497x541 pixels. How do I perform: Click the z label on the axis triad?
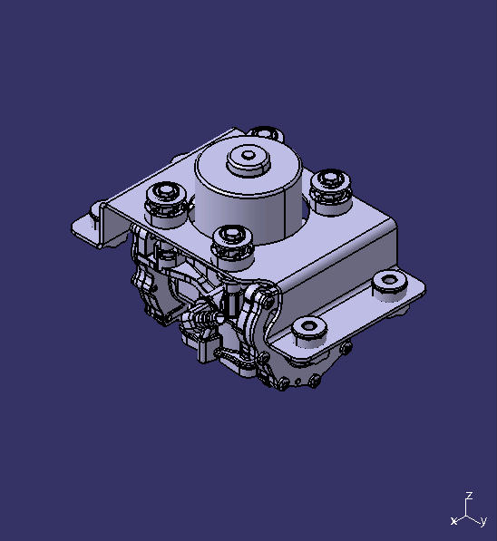click(469, 496)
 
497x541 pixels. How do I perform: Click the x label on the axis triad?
click(453, 521)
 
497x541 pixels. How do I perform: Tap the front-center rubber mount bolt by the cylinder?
click(232, 243)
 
